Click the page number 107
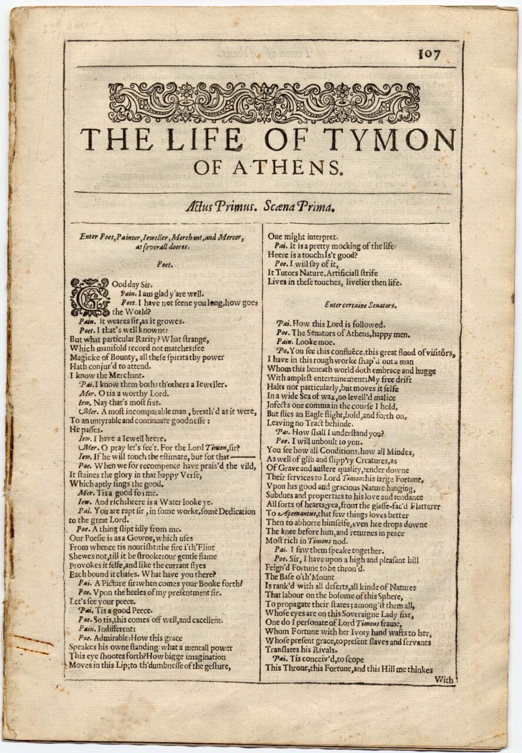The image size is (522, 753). [429, 54]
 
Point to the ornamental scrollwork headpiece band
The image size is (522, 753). [264, 102]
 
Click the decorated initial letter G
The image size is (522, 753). [89, 297]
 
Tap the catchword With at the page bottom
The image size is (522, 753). [444, 679]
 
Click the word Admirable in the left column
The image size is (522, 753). [111, 638]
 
